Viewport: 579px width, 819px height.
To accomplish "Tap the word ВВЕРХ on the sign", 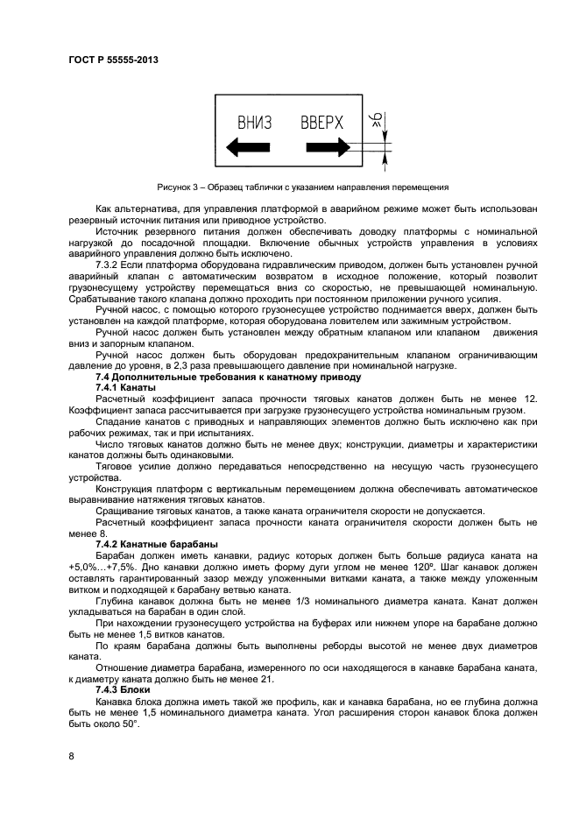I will pos(321,122).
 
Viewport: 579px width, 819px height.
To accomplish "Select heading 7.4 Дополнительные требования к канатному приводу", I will pos(227,377).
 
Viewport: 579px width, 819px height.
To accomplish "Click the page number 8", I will pos(71,753).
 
